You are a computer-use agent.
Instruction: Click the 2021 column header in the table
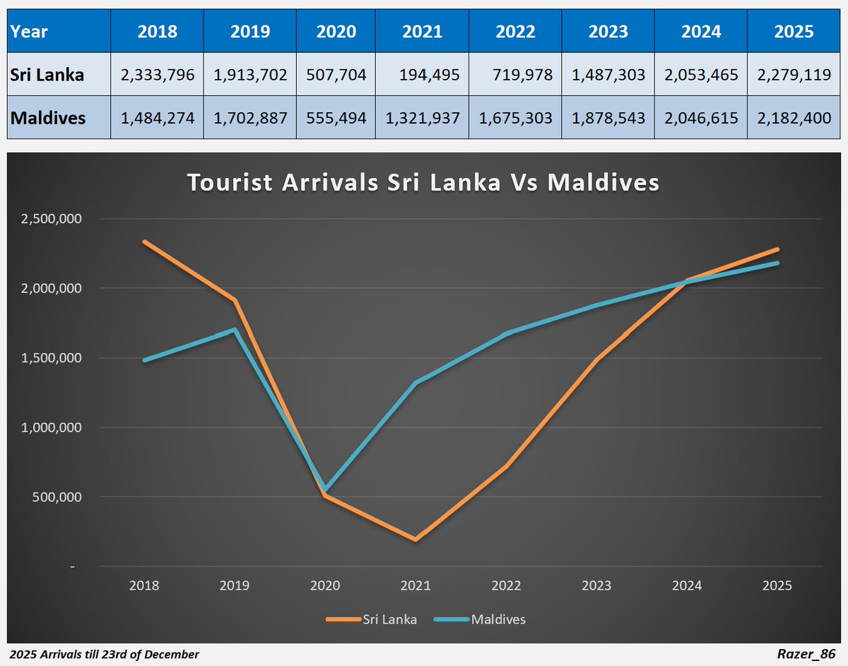click(422, 31)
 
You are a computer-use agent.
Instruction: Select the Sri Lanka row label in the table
click(48, 75)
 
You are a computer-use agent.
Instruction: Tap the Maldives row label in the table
click(47, 117)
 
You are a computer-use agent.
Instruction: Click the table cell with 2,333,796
click(158, 75)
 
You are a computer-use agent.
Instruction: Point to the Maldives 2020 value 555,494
click(336, 117)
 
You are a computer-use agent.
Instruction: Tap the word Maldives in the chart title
click(603, 183)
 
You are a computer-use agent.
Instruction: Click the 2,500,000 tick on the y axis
click(52, 219)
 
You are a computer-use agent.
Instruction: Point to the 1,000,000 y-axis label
click(52, 428)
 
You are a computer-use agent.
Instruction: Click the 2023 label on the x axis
click(596, 586)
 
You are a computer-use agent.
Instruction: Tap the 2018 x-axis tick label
click(144, 586)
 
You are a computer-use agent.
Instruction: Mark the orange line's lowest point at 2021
click(416, 540)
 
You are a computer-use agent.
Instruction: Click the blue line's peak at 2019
click(235, 329)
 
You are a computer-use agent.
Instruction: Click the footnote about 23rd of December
click(105, 655)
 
